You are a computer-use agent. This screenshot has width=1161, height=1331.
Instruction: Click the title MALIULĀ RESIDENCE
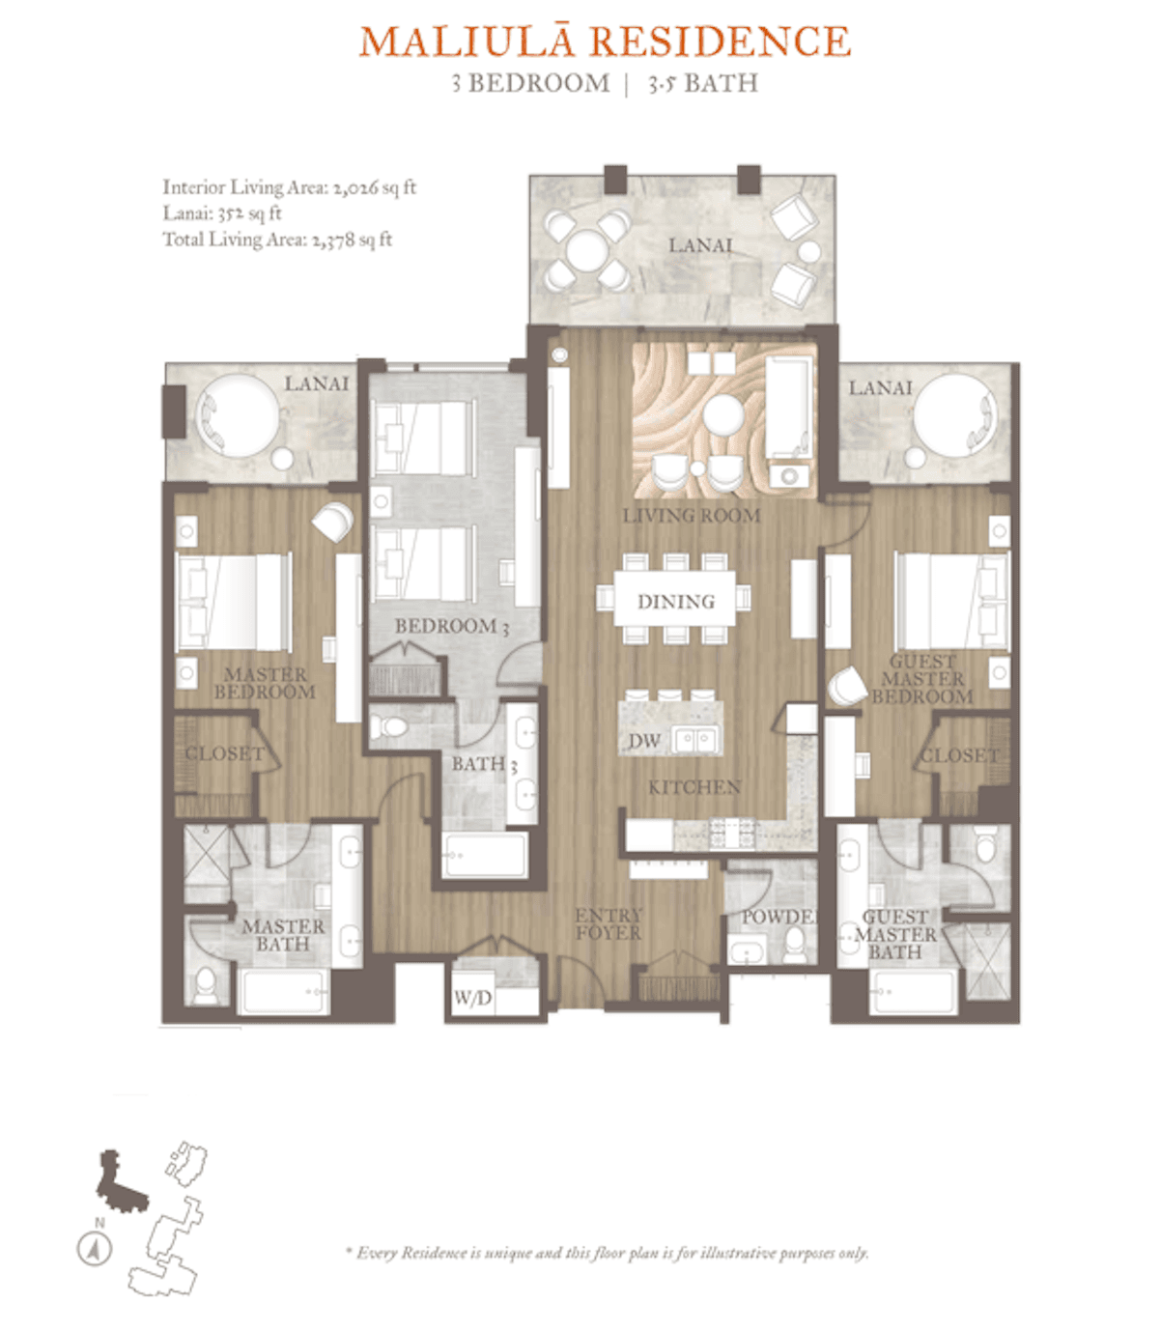pos(605,42)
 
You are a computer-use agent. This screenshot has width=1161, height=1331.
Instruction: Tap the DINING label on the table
pos(675,602)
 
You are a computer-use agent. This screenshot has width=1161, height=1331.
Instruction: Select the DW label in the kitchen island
pos(644,741)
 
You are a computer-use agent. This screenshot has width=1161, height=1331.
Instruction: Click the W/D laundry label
pos(472,998)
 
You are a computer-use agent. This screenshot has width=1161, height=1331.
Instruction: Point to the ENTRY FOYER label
pos(608,923)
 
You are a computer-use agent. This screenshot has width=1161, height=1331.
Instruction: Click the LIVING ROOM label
pos(691,516)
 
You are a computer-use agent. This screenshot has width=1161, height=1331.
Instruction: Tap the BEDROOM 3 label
pos(451,626)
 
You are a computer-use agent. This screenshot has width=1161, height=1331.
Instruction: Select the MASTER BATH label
pos(282,935)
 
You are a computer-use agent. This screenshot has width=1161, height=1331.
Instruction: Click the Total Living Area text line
pos(277,240)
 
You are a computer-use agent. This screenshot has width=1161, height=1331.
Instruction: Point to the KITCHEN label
pos(694,787)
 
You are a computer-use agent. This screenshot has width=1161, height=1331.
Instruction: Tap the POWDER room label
pos(779,916)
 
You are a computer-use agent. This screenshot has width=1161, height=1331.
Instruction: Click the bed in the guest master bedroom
pos(950,601)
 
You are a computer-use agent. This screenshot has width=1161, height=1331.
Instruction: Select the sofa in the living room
pos(788,406)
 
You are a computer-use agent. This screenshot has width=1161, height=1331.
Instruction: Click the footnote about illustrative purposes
pos(608,1253)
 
